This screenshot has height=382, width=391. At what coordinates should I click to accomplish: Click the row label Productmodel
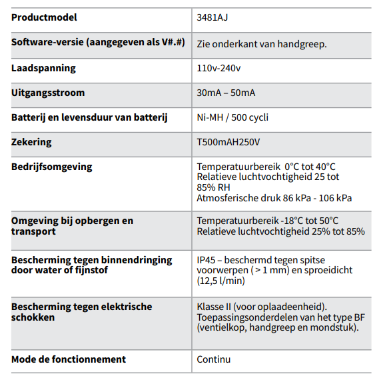pos(44,17)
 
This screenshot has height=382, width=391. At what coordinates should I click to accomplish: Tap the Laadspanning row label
pos(43,68)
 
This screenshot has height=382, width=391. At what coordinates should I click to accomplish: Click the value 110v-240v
pos(219,68)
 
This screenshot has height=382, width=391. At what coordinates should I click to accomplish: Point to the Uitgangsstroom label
pos(48,93)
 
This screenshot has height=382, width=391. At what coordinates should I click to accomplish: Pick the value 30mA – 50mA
pos(226,93)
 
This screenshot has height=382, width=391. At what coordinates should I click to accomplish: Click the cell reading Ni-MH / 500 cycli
pos(232,117)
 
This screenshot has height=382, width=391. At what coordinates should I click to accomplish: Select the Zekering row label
pos(31,142)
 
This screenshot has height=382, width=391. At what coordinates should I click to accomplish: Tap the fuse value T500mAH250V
pos(228,142)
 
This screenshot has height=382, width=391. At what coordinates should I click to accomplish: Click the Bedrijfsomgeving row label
pos(52,167)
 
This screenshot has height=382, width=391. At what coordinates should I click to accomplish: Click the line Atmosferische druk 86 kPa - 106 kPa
pos(274,198)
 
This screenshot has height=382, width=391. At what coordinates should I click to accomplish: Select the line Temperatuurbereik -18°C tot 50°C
pos(268,221)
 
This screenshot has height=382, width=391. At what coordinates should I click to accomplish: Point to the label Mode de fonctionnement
pos(69,359)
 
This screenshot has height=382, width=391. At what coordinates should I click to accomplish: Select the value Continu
pos(214,359)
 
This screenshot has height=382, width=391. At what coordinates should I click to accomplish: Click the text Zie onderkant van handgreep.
pos(261,43)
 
